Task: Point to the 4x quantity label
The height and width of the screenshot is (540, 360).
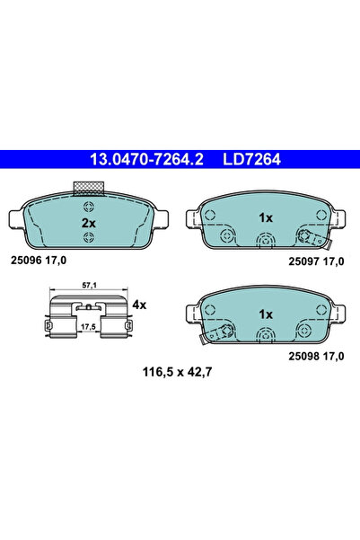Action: pyautogui.click(x=138, y=305)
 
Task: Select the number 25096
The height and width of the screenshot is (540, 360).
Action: pyautogui.click(x=24, y=261)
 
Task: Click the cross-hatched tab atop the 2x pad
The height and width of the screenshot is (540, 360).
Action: pyautogui.click(x=88, y=189)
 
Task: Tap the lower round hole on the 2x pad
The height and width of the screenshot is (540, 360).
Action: pyautogui.click(x=88, y=238)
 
